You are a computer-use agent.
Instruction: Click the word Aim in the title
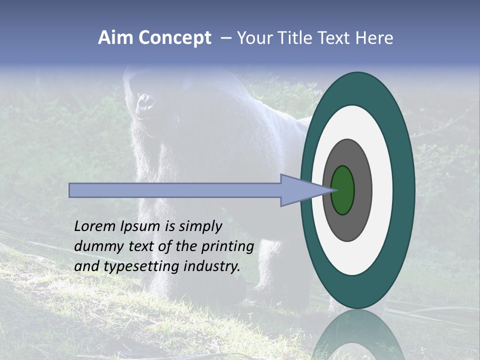(x=116, y=38)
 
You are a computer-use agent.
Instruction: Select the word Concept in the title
(x=175, y=38)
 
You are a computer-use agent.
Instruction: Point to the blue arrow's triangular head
(x=300, y=190)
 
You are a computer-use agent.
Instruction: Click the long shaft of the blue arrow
(x=175, y=190)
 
